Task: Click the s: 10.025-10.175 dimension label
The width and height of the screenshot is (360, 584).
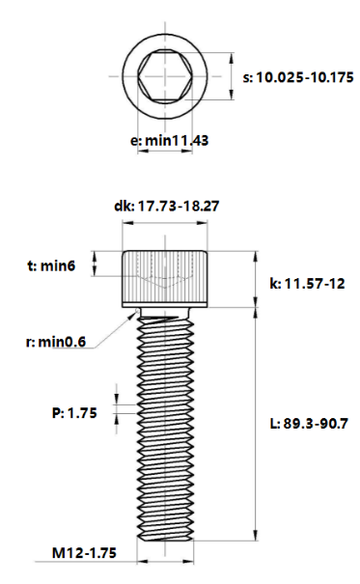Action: (298, 77)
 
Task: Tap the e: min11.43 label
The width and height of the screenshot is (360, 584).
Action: (170, 141)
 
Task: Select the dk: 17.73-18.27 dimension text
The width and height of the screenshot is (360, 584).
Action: (166, 206)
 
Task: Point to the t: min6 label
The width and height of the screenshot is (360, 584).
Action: (51, 265)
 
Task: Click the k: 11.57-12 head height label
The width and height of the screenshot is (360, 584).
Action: (307, 284)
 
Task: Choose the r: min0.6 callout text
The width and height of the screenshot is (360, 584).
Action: (56, 342)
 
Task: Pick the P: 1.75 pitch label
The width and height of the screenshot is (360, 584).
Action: (74, 413)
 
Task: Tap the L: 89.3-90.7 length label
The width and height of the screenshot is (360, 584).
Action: (309, 424)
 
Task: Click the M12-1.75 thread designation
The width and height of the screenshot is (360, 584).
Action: (84, 553)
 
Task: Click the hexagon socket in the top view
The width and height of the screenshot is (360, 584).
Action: (165, 76)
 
